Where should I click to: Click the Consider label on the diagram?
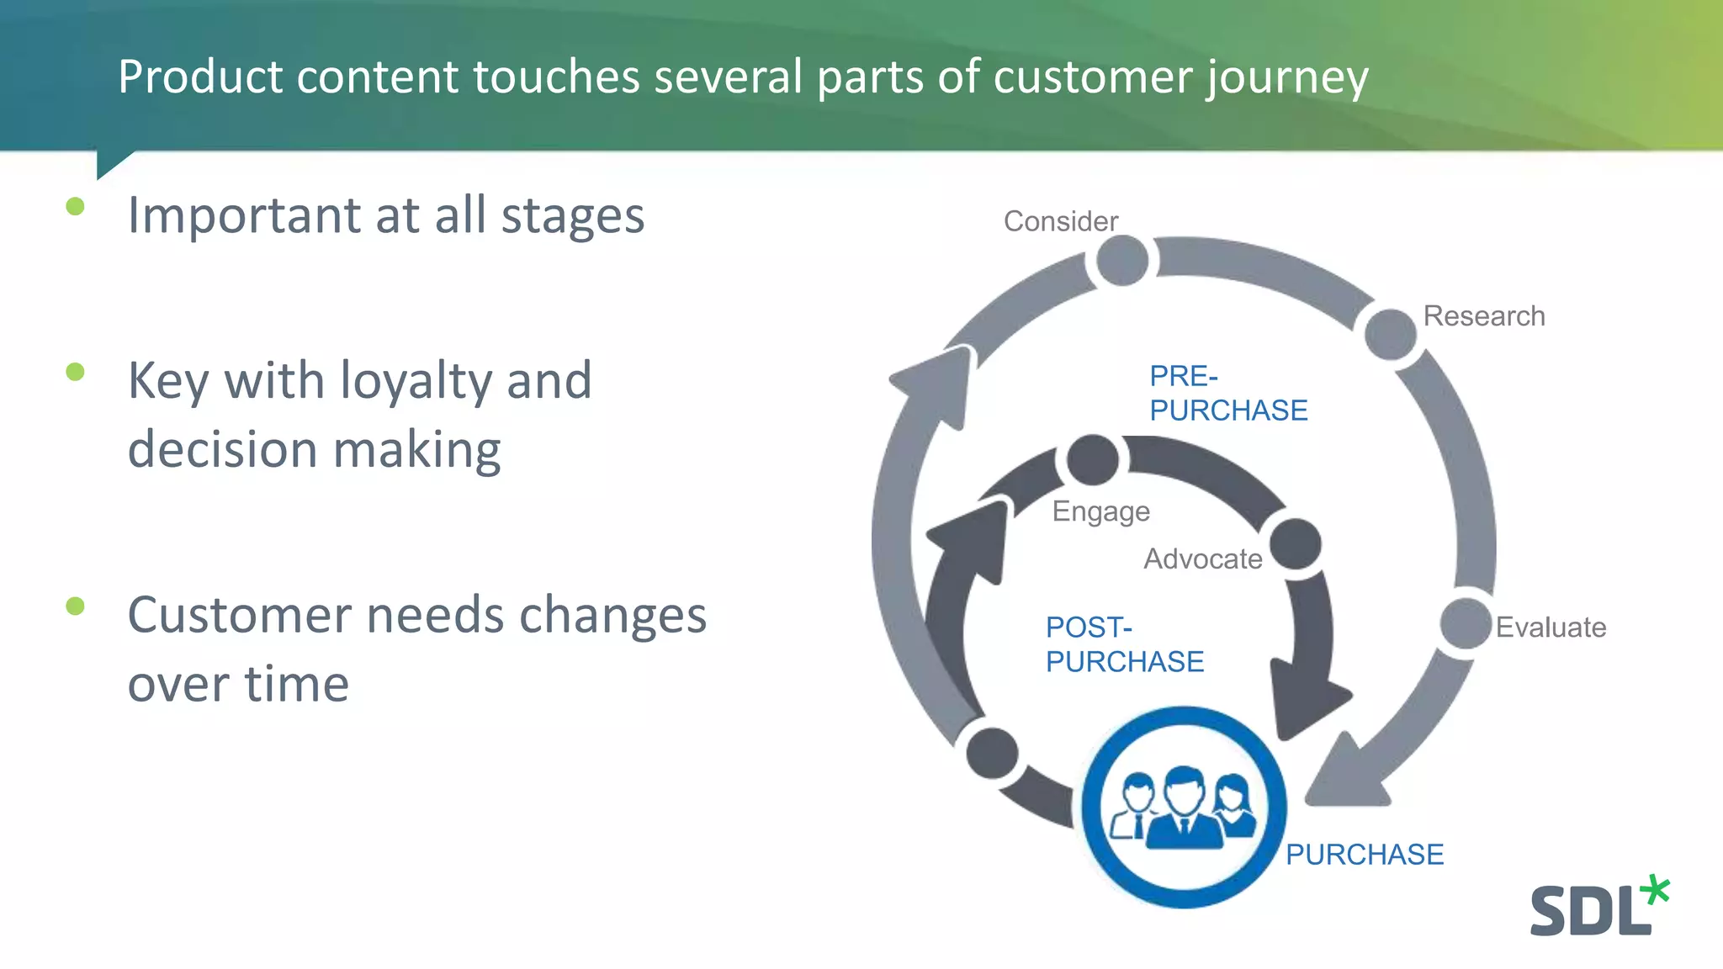(1060, 221)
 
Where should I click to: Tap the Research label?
(1483, 316)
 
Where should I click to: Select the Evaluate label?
(1550, 627)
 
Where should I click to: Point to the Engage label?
(1100, 511)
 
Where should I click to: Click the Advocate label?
(1202, 559)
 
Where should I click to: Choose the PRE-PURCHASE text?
(1227, 393)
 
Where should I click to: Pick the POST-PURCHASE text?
(1124, 644)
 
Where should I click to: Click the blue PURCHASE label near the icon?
(1364, 855)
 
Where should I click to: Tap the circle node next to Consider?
(1122, 261)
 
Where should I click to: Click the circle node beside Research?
(1390, 333)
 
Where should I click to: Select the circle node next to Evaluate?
(1465, 623)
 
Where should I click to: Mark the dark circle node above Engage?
(1092, 460)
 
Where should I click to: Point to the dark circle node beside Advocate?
(1295, 544)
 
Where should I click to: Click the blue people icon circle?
(1183, 807)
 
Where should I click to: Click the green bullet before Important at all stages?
(75, 206)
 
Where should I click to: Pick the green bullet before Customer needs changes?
(75, 606)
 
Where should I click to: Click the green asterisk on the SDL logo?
(1655, 890)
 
